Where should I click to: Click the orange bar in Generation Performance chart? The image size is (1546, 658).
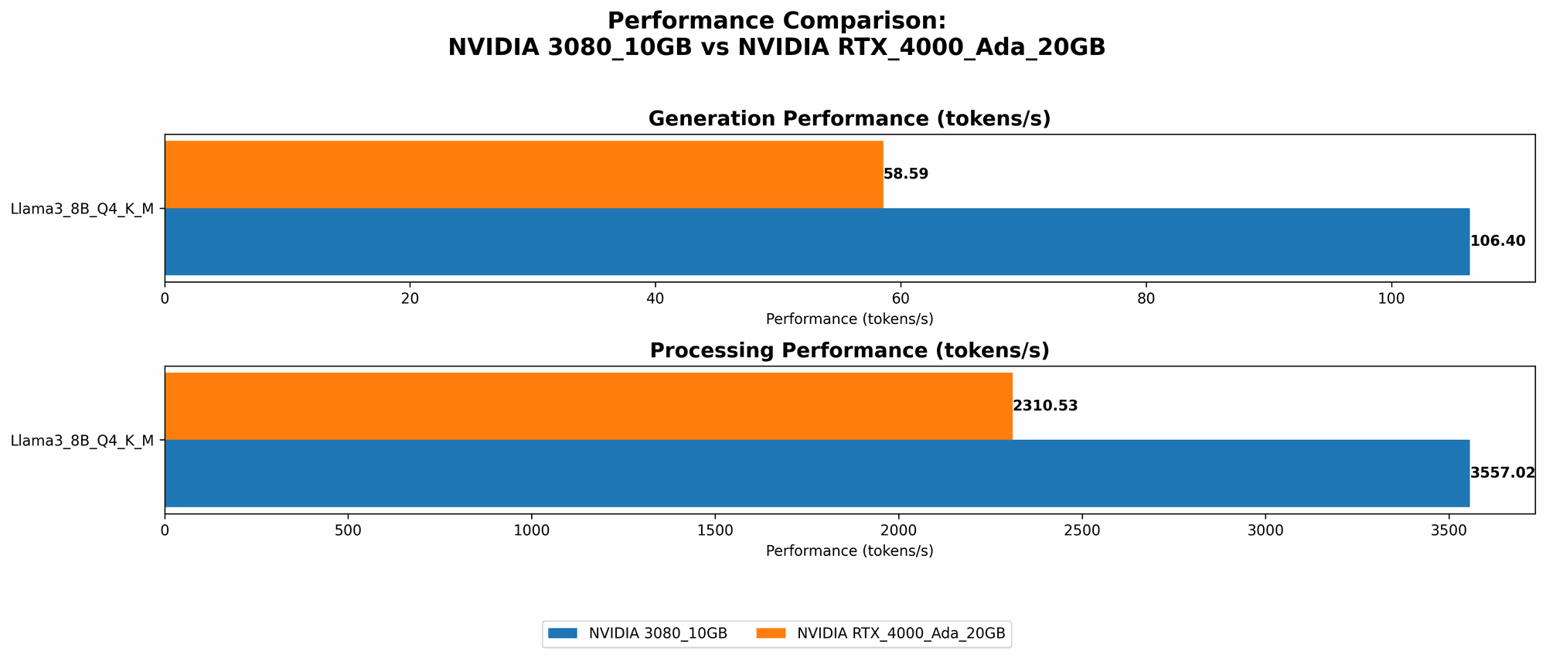523,174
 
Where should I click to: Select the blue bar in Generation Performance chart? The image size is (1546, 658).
816,241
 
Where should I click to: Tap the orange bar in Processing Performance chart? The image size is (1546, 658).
588,406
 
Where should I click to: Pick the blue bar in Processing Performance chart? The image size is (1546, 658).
816,473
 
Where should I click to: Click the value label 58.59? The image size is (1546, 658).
905,174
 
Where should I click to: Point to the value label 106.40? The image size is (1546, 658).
1497,241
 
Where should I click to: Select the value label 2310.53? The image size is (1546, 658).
1044,406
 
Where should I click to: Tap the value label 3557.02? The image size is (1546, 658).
1502,473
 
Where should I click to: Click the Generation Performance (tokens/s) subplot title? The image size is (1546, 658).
849,118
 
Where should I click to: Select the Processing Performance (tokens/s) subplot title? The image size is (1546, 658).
849,350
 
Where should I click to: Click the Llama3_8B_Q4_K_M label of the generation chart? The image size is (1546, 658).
82,208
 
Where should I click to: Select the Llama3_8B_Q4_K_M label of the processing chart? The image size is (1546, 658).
82,441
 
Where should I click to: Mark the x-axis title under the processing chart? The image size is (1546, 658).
849,551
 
